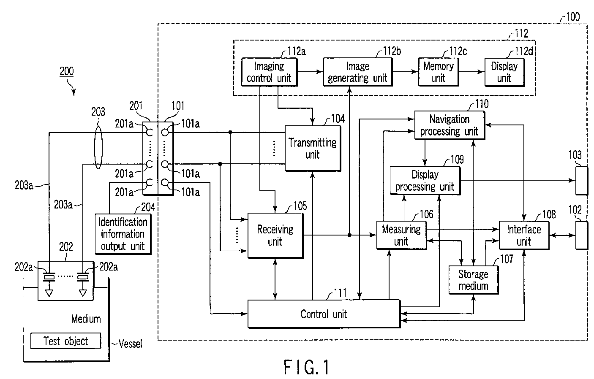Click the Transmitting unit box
point(313,149)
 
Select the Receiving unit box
point(275,236)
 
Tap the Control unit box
point(324,314)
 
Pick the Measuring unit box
point(401,235)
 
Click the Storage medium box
point(473,280)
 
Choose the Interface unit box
point(524,235)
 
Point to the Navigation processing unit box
point(449,125)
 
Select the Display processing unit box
point(425,181)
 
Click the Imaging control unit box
point(269,72)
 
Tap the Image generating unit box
point(357,72)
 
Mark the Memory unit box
point(438,72)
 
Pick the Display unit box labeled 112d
point(504,72)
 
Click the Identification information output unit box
point(123,234)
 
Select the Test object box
point(66,341)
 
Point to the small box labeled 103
point(581,180)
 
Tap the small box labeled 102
point(581,235)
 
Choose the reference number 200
point(66,71)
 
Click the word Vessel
point(130,344)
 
